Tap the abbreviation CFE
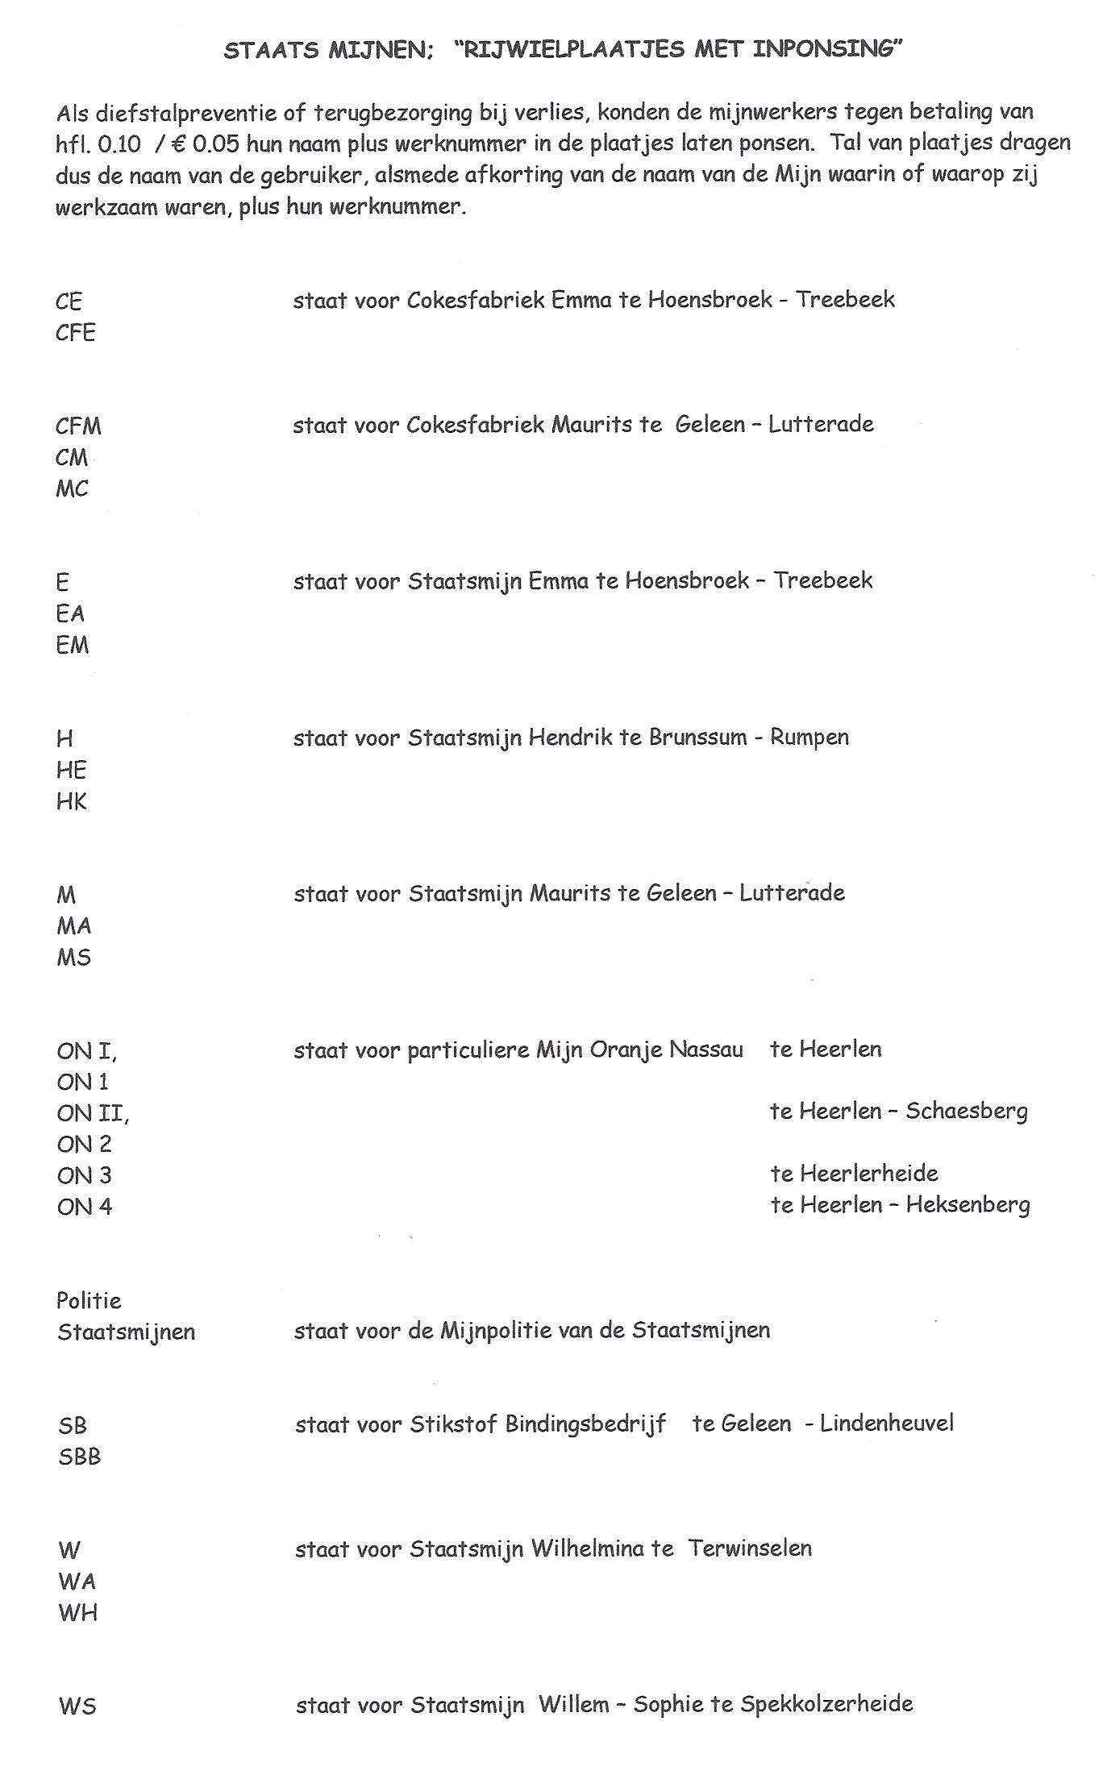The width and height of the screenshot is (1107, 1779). [x=76, y=332]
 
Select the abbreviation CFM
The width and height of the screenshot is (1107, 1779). [x=79, y=426]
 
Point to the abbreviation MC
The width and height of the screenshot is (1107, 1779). [x=72, y=488]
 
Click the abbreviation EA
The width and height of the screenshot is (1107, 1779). [x=70, y=613]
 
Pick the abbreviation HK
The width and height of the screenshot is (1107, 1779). [x=71, y=801]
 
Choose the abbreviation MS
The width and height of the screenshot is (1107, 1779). [x=73, y=958]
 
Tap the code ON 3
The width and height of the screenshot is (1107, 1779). [x=84, y=1175]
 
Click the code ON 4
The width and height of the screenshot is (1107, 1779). [x=84, y=1207]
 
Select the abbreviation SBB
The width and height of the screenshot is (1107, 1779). [x=79, y=1457]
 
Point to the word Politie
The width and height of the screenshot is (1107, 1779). [x=89, y=1300]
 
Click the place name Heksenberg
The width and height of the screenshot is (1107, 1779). [x=968, y=1205]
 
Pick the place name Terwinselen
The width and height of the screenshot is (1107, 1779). [x=750, y=1548]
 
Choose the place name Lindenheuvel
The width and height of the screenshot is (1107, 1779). [x=886, y=1424]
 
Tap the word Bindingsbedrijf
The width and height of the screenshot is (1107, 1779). [x=585, y=1424]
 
